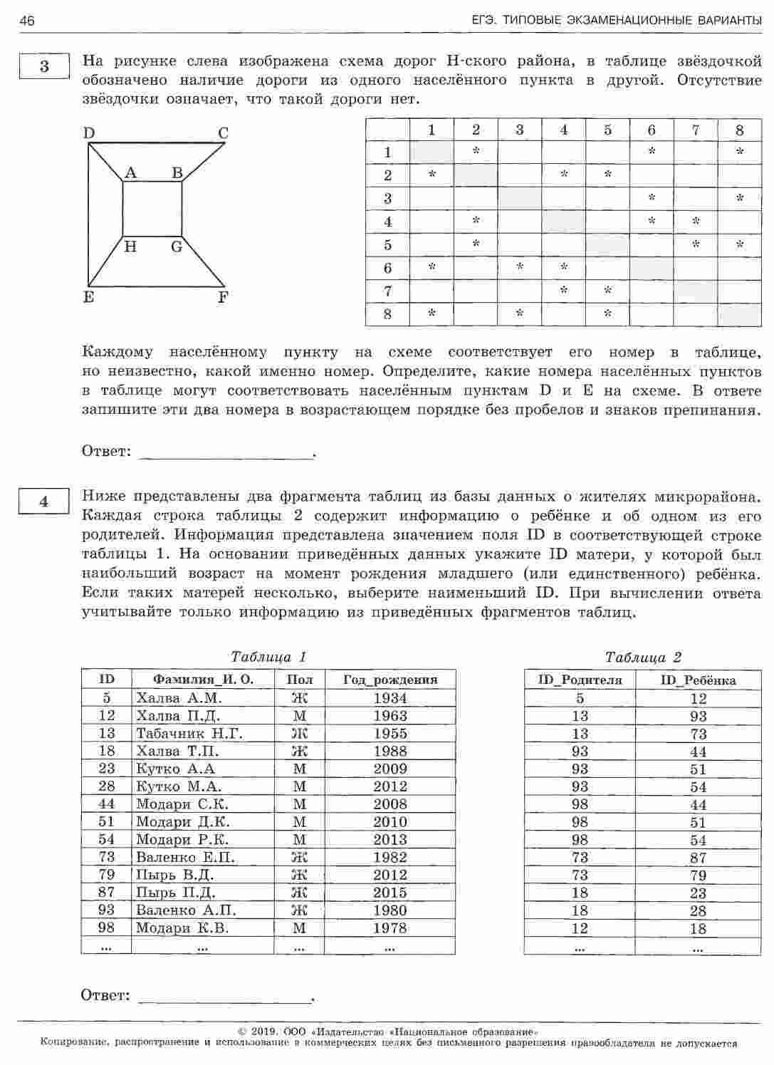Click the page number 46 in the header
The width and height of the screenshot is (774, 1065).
(27, 21)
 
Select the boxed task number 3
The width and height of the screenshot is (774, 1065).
(44, 67)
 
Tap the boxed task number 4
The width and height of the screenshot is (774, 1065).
(44, 502)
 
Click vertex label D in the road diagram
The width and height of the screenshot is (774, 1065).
(89, 133)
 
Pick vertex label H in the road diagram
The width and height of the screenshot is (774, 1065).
(130, 247)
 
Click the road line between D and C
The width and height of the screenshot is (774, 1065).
(157, 143)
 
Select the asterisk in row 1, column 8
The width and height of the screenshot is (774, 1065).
(740, 151)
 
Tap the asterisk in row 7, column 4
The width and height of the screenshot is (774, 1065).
(564, 290)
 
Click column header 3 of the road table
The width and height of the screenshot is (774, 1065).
(520, 130)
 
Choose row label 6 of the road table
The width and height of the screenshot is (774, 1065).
(388, 268)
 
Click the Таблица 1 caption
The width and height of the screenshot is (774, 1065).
(269, 657)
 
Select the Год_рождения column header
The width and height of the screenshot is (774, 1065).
(389, 680)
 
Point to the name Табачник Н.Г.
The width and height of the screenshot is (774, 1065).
(189, 733)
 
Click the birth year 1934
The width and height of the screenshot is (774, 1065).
(389, 698)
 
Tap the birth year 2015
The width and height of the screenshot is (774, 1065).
(389, 893)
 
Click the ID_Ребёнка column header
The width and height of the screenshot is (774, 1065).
(699, 680)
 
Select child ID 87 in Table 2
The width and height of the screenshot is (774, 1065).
(699, 858)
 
